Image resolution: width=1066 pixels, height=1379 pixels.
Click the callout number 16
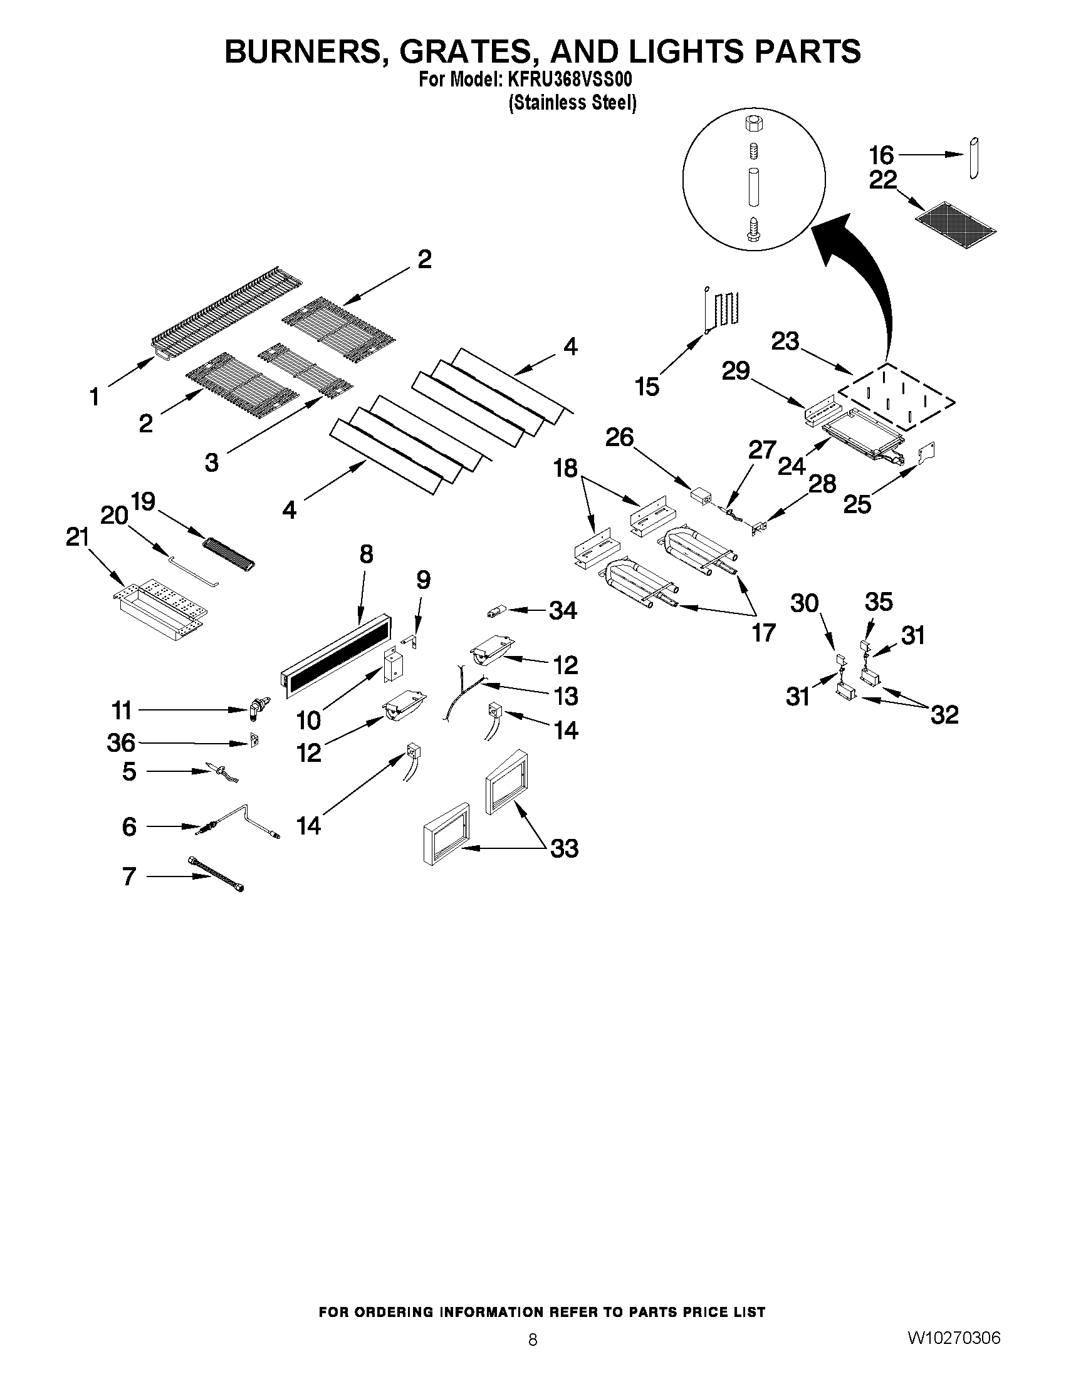[881, 155]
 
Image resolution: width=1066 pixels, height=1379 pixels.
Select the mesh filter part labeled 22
[956, 223]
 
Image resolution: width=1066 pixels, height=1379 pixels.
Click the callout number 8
[366, 554]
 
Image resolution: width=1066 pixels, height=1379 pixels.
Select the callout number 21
[78, 538]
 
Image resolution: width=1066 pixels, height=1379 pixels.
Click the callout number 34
[563, 611]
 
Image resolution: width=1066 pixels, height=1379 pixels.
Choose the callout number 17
[763, 632]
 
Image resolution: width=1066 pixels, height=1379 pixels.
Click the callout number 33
[564, 848]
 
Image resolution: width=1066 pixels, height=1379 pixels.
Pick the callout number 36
[120, 743]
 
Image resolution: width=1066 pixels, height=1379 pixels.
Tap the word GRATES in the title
[469, 51]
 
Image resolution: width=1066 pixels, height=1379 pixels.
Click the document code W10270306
[954, 1337]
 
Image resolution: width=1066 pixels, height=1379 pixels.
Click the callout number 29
[736, 371]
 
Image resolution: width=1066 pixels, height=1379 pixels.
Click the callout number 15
[647, 387]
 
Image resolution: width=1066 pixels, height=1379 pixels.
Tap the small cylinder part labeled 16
[973, 158]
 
